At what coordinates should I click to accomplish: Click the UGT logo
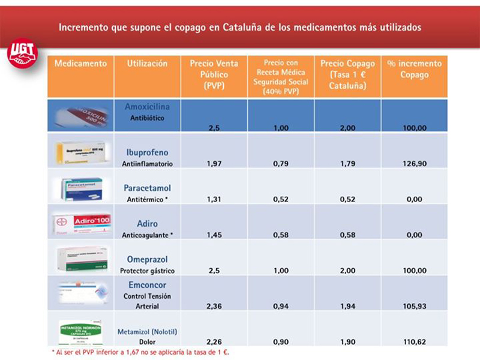coord(22,53)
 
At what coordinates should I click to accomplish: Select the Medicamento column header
coord(80,64)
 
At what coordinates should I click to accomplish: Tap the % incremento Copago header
coord(414,69)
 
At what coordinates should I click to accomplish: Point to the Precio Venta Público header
coord(214,75)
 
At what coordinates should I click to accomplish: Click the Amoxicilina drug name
coord(147,107)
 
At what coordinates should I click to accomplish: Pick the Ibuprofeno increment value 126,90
coord(414,163)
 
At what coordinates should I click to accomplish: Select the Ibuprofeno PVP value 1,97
coord(214,163)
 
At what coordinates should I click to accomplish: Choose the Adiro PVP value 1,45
coord(214,235)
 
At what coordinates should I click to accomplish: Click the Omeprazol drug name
coord(147,259)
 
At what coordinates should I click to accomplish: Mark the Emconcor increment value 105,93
coord(414,306)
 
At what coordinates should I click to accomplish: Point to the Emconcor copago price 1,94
coord(347,306)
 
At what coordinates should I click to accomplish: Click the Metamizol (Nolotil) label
coord(147,331)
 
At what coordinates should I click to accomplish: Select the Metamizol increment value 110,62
coord(414,341)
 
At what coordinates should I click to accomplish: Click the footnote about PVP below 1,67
coord(140,352)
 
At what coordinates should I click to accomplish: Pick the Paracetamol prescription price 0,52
coord(281,199)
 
